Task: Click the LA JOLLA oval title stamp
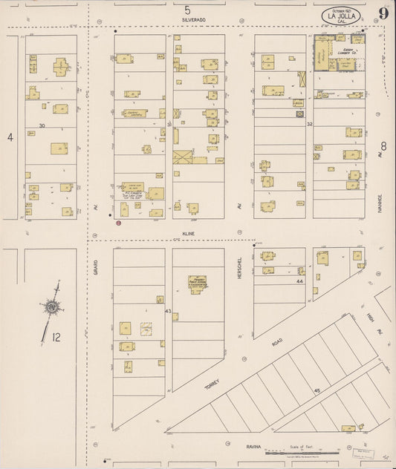343,15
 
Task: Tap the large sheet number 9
383,13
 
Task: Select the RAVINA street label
256,447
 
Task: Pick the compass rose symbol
51,306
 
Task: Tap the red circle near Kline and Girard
119,221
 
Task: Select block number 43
168,310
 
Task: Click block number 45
316,390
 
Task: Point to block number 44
300,282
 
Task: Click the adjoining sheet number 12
56,337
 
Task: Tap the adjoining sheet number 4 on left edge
10,137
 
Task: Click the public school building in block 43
197,284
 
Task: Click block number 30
42,125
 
